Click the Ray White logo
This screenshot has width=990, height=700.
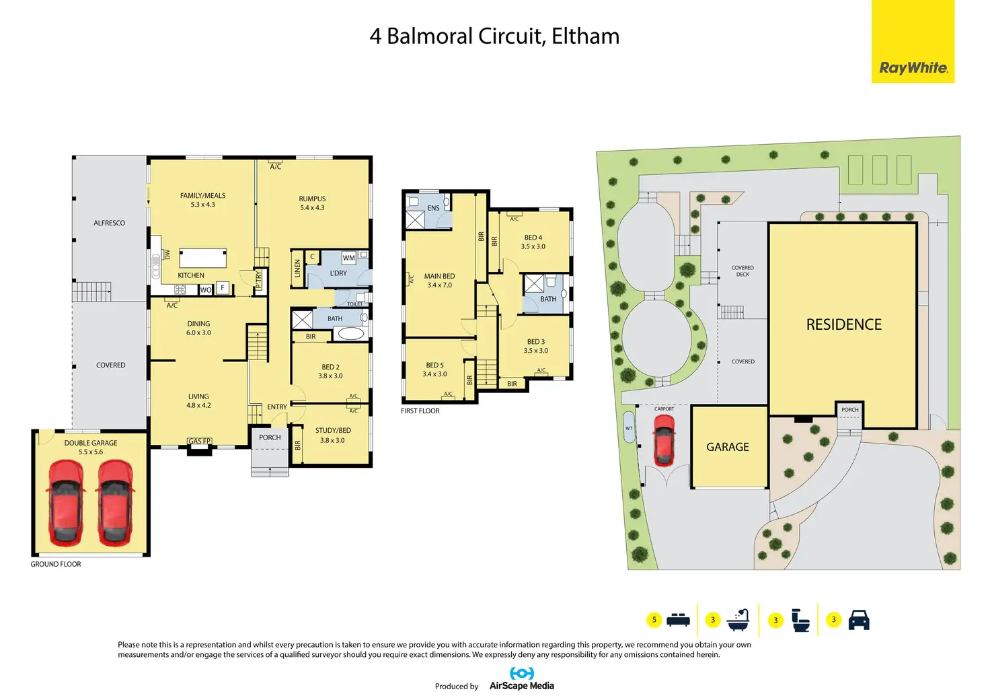coord(913,42)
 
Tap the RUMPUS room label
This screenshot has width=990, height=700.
coord(312,199)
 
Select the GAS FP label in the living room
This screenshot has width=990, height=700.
coord(199,441)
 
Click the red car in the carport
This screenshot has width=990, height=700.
coord(664,440)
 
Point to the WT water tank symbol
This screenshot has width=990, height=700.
coord(629,427)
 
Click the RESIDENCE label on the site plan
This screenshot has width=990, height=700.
coord(843,324)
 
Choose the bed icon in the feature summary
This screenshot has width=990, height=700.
coord(678,619)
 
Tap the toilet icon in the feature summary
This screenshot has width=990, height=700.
coord(800,620)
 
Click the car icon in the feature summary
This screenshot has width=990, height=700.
coord(859,619)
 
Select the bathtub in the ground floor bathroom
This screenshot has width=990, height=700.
coord(351,333)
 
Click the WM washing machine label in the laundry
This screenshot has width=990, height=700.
coord(348,258)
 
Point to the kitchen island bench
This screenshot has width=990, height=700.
coord(203,258)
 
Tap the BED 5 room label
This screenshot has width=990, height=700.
coord(434,365)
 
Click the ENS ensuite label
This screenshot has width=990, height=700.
coord(433,208)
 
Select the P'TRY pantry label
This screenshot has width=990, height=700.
coord(258,280)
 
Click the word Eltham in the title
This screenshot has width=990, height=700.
coord(586,36)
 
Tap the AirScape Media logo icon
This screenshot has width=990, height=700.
coord(522,674)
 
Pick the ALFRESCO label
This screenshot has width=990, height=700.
coord(109,223)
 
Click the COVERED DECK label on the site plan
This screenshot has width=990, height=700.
coord(742,271)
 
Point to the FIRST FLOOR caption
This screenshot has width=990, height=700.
coord(420,411)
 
